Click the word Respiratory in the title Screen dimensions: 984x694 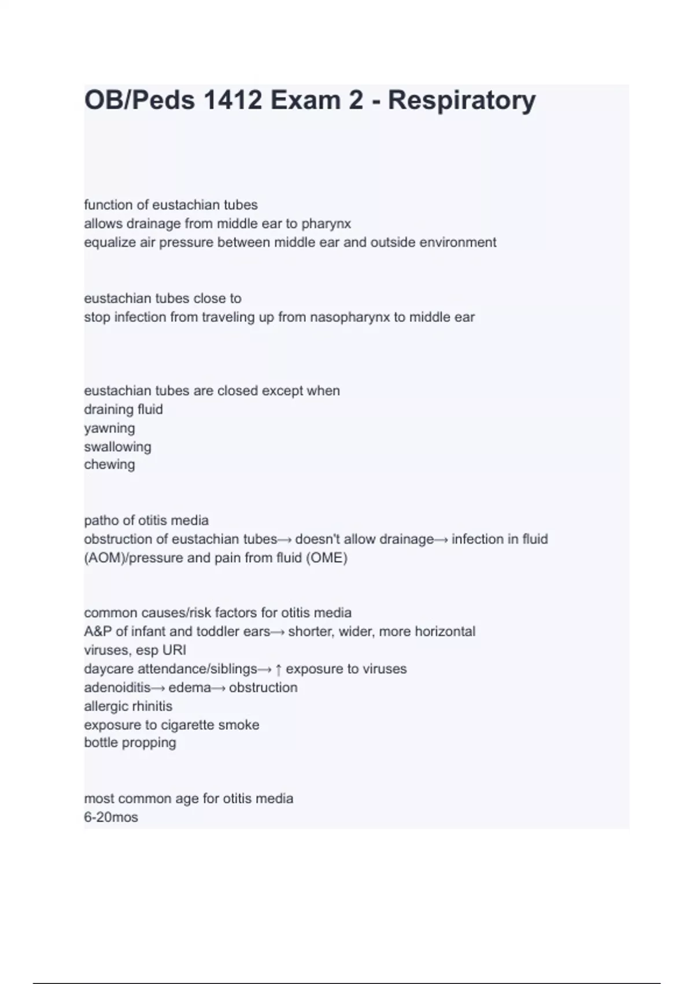point(462,100)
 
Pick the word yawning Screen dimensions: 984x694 point(109,428)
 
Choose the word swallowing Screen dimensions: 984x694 point(117,447)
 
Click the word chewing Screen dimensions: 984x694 point(109,464)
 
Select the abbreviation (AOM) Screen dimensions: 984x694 point(101,558)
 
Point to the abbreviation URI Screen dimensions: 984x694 point(174,650)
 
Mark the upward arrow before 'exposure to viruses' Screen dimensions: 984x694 point(279,669)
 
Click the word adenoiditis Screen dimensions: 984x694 point(117,688)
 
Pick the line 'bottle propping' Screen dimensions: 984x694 point(130,743)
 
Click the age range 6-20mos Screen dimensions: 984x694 point(111,817)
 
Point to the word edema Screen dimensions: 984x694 point(190,688)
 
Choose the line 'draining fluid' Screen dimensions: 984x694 point(123,409)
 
